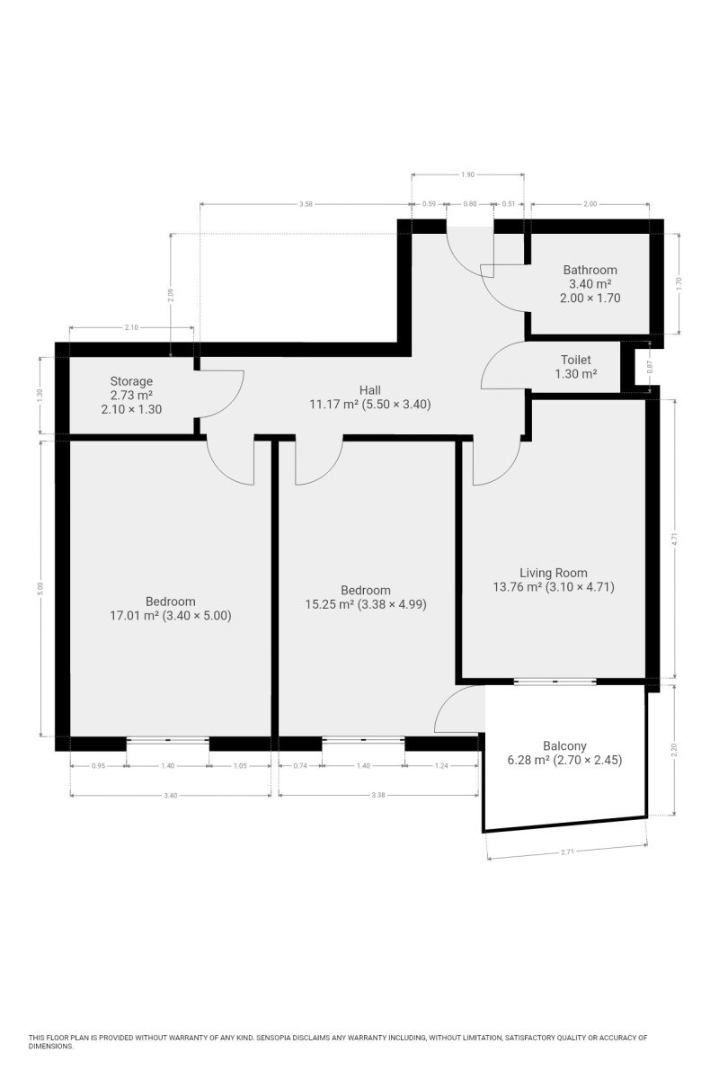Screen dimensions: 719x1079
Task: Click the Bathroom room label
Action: point(590,269)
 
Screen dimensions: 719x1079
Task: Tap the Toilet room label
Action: point(575,360)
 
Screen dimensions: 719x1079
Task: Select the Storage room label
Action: point(131,381)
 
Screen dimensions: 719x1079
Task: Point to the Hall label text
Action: point(370,389)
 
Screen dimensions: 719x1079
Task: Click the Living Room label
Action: point(554,573)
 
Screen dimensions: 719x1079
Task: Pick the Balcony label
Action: point(564,746)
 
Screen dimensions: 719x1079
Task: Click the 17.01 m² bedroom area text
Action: point(134,616)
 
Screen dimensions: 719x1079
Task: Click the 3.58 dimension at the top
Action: point(306,204)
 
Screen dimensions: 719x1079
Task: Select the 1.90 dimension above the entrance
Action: point(467,174)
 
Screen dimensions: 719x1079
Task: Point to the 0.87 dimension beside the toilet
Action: point(650,368)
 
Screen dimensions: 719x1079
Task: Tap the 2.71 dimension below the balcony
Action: point(567,852)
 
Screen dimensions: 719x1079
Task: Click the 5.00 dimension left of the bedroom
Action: point(40,588)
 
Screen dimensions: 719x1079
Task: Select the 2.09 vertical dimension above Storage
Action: point(170,295)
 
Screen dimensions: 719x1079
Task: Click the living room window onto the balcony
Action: point(555,682)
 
